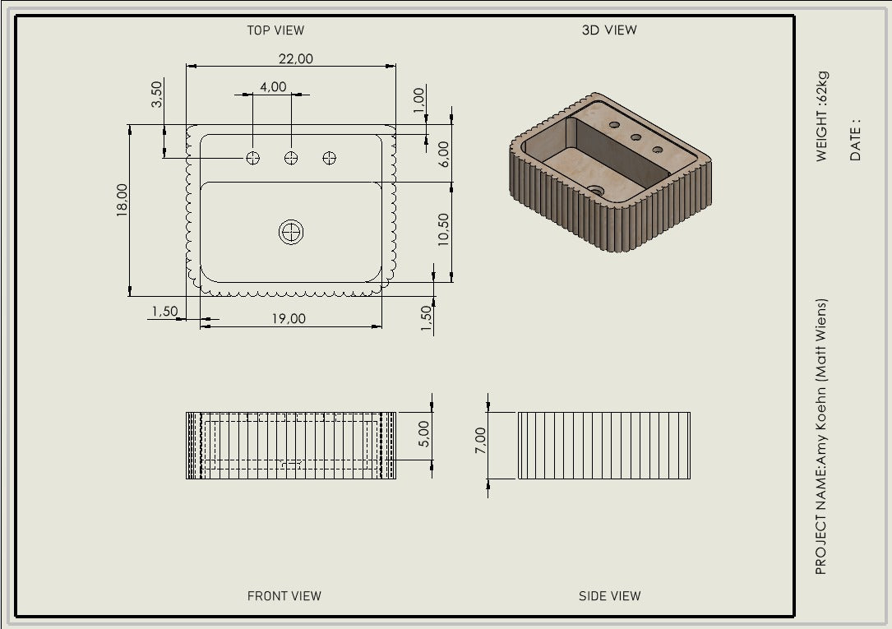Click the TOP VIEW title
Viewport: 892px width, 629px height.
tap(275, 30)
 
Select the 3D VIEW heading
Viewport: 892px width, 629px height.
tap(609, 30)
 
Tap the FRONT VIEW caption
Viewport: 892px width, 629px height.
tap(284, 596)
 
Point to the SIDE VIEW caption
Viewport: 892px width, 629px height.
tap(609, 596)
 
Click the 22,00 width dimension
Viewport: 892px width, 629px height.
tap(296, 58)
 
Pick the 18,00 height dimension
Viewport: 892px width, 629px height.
tap(122, 200)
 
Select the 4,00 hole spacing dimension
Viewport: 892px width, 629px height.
tap(273, 86)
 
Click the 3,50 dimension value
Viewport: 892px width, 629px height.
tap(156, 94)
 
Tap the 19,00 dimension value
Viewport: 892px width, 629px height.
tap(289, 318)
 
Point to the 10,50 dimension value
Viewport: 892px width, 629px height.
tap(443, 229)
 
